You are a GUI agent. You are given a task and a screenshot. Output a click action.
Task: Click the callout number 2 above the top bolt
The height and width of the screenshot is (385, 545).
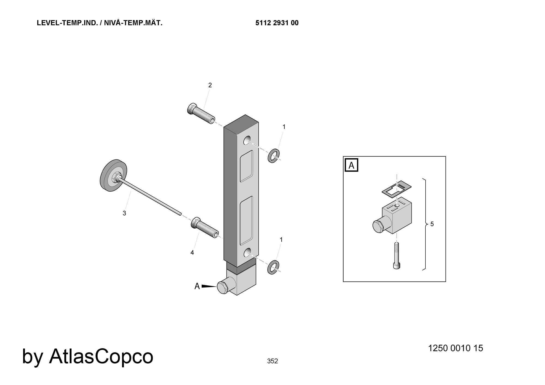(210, 85)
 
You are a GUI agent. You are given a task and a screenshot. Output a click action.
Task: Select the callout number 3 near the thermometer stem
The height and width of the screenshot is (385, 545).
(124, 213)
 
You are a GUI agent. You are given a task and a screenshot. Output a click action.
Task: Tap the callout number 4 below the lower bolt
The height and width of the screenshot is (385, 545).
(192, 253)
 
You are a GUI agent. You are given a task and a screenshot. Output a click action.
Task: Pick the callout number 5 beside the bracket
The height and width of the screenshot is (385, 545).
(432, 224)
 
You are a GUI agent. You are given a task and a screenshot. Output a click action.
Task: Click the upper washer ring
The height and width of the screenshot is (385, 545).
(274, 155)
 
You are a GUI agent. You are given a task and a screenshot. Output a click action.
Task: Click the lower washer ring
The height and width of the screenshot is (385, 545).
(273, 267)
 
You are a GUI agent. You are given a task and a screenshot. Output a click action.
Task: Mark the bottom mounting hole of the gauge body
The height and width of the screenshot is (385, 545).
(247, 252)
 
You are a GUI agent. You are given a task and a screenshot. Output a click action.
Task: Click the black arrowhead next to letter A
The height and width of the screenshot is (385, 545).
(209, 286)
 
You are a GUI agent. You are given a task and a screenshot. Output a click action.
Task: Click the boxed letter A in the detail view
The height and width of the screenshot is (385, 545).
(352, 165)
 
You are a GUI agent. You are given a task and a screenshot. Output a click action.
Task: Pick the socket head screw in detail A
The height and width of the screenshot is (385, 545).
(397, 256)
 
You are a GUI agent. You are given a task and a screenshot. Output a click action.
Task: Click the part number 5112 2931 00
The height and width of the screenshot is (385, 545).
(277, 23)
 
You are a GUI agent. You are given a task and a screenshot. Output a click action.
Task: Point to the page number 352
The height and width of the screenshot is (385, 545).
(272, 361)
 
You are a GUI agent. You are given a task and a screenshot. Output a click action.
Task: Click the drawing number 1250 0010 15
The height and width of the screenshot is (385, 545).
(456, 348)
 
